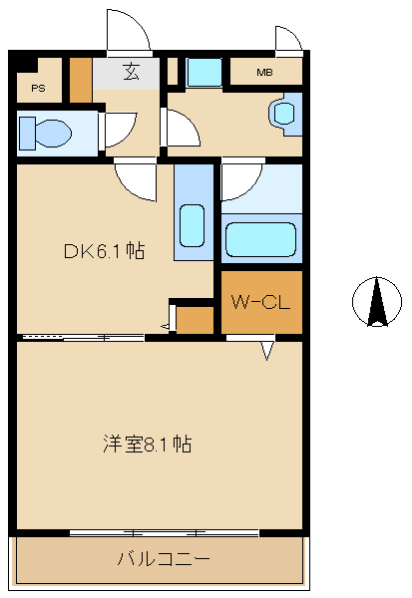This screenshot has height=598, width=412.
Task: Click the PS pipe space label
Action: (38, 89)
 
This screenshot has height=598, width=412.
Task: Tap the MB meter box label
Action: (264, 72)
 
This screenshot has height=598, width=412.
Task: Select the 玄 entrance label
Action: (131, 72)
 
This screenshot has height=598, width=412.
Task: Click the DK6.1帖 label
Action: (104, 251)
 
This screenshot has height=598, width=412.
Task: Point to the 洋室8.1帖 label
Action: (148, 444)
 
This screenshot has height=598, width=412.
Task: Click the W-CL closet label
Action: (260, 302)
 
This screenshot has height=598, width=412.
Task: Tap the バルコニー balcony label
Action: (164, 559)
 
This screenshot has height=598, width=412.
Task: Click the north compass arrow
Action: (377, 302)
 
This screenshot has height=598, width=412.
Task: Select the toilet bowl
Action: (53, 134)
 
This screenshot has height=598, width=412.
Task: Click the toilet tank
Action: (27, 134)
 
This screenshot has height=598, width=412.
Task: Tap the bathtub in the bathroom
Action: (260, 239)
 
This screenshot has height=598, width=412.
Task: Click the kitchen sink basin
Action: (192, 225)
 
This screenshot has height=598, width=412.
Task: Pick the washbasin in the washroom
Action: (284, 113)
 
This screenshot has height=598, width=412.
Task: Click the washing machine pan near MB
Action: (205, 73)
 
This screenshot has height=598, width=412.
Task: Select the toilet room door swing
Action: (121, 130)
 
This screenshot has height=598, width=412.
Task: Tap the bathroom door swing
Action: (242, 179)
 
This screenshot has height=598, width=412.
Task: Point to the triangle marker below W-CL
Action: (267, 351)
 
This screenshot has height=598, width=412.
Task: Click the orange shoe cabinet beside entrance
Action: (81, 80)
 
